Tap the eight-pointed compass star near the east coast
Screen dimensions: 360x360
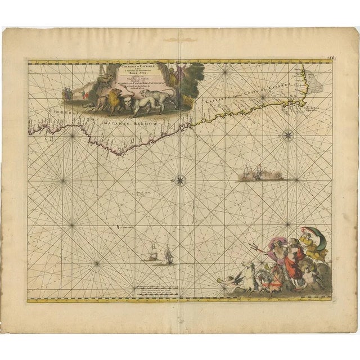(x=288, y=134)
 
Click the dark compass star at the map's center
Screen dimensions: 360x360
(x=179, y=180)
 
